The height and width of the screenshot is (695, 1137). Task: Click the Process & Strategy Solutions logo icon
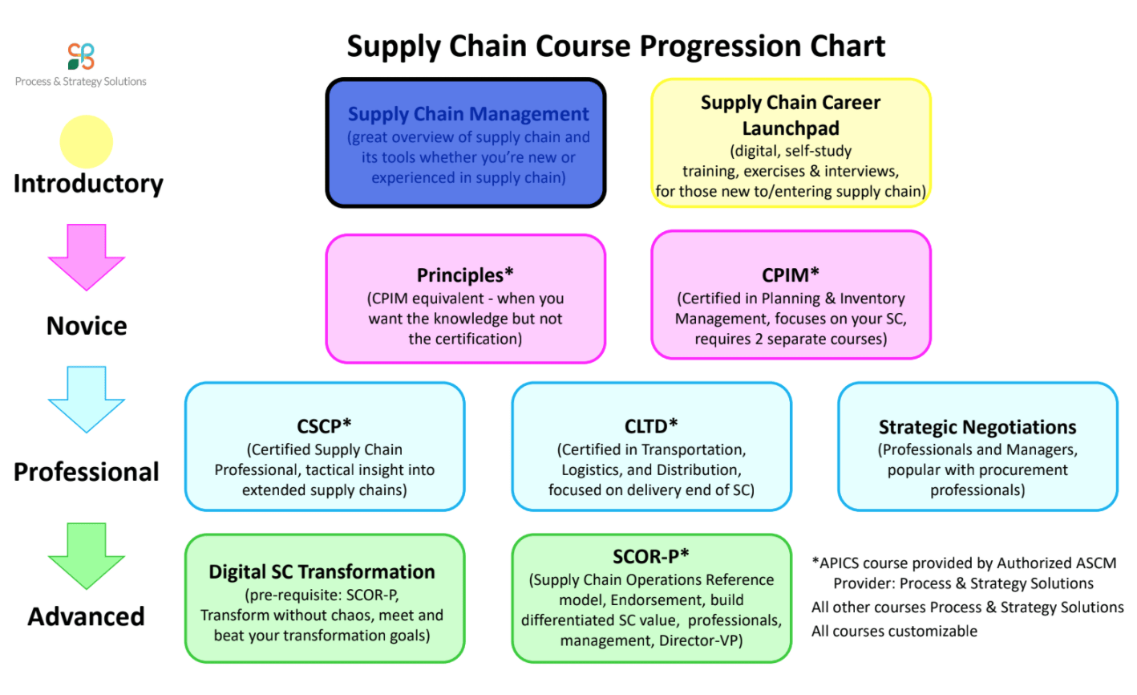pos(81,56)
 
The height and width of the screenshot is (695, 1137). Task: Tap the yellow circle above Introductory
pos(87,142)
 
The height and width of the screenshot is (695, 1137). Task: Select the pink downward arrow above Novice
pos(87,257)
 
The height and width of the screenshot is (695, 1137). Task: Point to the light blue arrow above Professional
pos(87,400)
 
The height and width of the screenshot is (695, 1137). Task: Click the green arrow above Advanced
pos(87,556)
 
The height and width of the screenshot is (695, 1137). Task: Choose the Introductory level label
pos(88,184)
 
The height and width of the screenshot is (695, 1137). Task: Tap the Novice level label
pos(87,326)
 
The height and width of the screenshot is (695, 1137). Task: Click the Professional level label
pos(87,472)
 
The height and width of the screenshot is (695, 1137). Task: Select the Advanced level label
pos(87,617)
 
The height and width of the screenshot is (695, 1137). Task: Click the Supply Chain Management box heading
pos(468,114)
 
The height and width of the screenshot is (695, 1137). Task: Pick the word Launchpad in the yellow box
pos(791,128)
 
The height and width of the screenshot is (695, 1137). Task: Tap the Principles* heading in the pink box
pos(465,274)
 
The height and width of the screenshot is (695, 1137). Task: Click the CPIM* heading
pos(791,274)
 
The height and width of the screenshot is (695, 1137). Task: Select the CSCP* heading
pos(324,426)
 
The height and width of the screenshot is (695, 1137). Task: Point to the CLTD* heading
pos(651,426)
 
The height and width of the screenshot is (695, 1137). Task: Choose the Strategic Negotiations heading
pos(977,427)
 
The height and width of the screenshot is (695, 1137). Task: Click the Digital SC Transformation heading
pos(322,572)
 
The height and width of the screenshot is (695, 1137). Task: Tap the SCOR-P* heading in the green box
pos(651,557)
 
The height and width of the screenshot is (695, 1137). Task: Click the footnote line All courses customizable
pos(894,632)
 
